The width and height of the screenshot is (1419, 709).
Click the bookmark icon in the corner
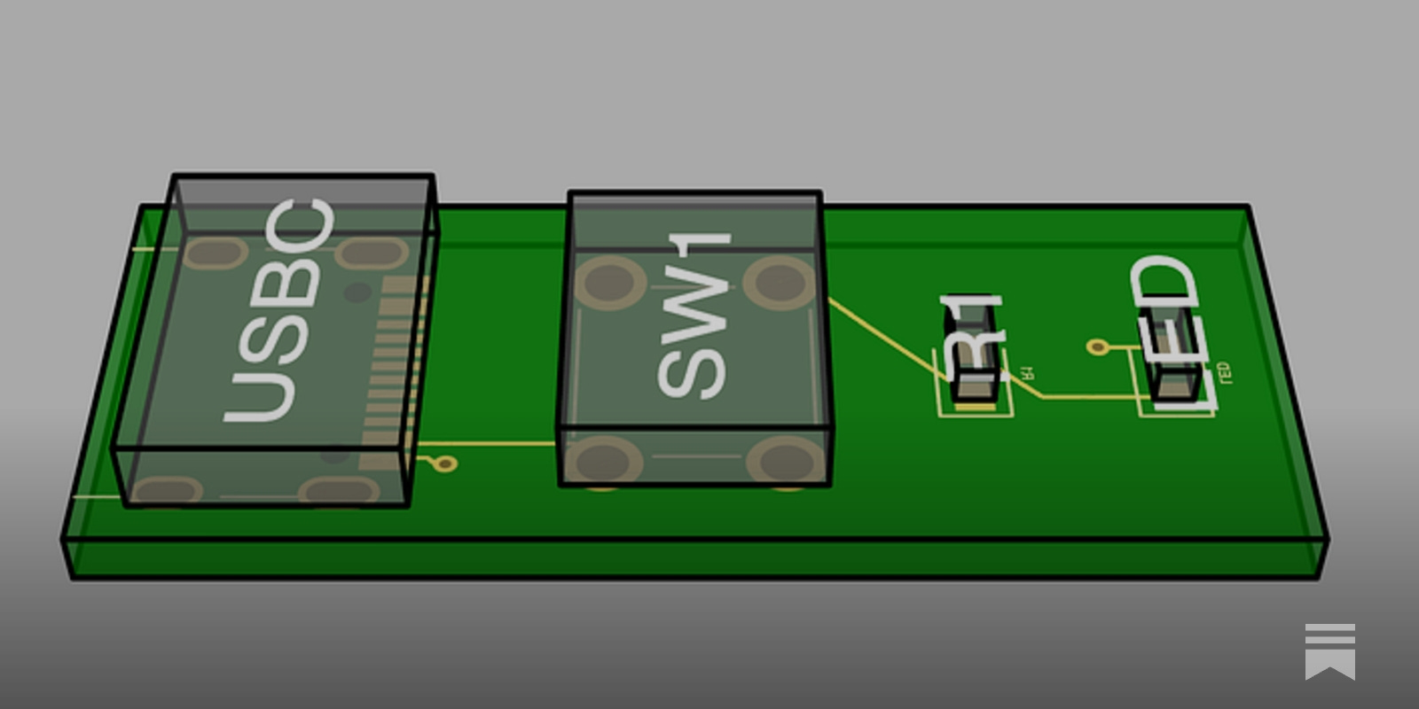[1329, 651]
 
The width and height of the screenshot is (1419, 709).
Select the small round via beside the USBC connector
[446, 463]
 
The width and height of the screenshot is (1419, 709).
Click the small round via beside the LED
[1098, 347]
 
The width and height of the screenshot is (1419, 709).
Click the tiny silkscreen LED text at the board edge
[1225, 373]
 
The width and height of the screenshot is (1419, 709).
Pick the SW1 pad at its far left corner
[608, 282]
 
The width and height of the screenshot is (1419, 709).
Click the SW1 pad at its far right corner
[780, 281]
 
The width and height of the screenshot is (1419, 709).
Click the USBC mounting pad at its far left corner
[216, 253]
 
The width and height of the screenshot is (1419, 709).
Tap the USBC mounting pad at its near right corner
[339, 490]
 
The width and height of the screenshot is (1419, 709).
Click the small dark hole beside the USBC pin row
[357, 292]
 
